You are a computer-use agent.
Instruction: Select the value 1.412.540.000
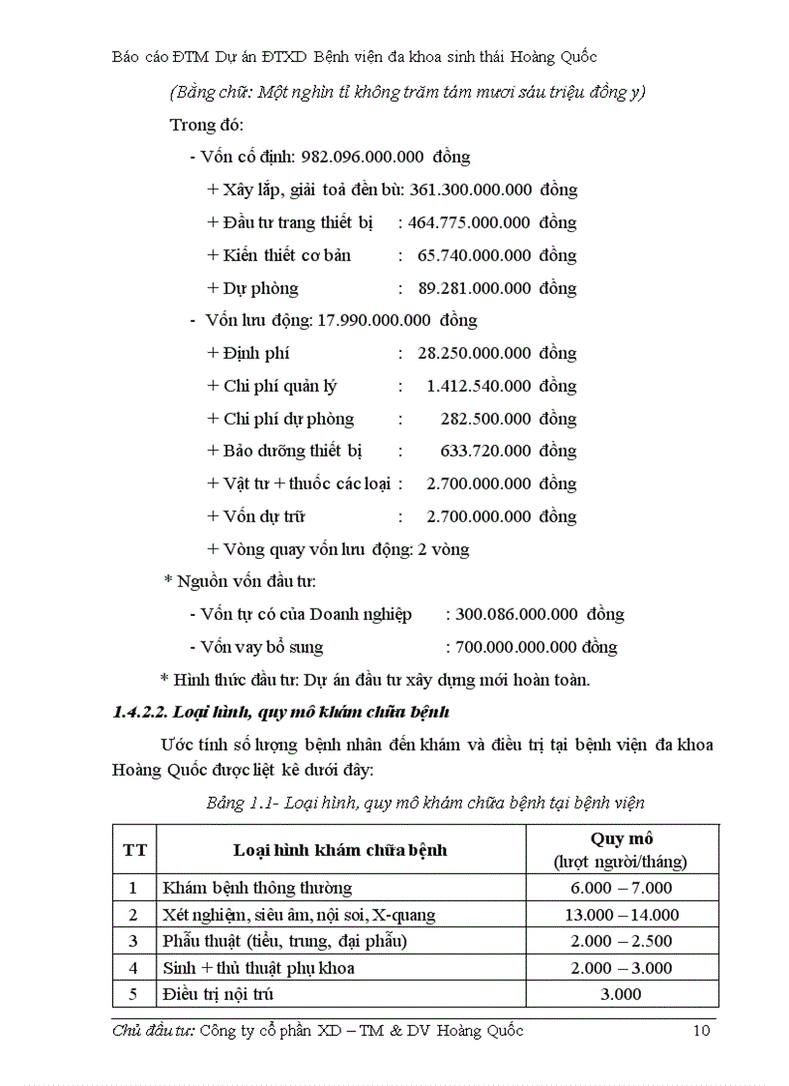[478, 386]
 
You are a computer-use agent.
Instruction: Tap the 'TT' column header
[135, 850]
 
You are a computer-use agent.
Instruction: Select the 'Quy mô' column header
[621, 838]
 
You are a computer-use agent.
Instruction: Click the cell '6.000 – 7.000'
[621, 888]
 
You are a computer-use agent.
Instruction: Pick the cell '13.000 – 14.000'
[621, 915]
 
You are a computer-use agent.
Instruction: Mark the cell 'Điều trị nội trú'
[219, 993]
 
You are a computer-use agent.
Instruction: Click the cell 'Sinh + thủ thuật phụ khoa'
[258, 967]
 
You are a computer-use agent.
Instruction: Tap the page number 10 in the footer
[702, 1031]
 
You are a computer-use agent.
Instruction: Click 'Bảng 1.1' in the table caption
[240, 802]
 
